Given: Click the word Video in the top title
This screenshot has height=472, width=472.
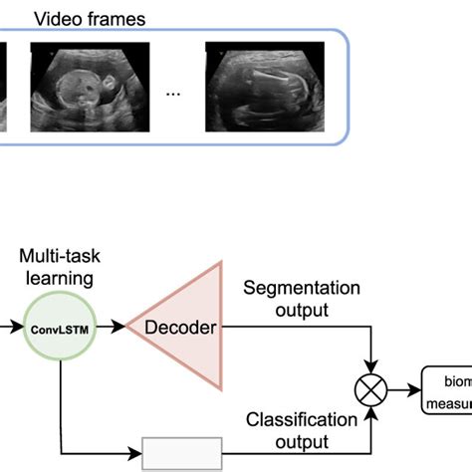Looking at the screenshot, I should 54,18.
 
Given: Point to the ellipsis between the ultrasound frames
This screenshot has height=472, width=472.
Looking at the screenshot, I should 173,93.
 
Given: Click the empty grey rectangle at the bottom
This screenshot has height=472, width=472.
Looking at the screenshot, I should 182,454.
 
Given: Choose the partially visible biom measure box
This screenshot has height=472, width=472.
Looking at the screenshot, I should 448,391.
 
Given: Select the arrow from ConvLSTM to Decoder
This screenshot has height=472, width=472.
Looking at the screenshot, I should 112,326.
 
